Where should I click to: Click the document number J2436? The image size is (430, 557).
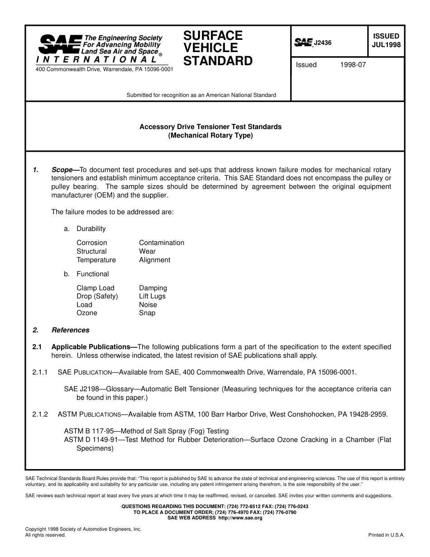pos(323,43)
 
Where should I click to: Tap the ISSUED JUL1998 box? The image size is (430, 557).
pos(386,40)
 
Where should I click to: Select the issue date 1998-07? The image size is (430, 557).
pos(353,65)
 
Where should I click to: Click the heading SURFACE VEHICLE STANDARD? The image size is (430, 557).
pos(218,48)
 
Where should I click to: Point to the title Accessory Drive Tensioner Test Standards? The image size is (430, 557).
pos(210,127)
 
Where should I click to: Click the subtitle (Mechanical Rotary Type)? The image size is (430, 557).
pos(210,135)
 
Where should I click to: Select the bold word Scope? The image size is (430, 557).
pos(62,170)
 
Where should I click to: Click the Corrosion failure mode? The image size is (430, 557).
pos(92,243)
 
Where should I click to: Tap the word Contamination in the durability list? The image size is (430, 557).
pos(162,243)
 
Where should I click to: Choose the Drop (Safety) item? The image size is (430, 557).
pos(97,296)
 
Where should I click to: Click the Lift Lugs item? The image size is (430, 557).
pos(152,296)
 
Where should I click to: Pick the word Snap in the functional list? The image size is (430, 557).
pos(147,313)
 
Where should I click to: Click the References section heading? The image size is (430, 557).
pos(70,330)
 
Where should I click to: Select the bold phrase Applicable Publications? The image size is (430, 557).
pos(94,347)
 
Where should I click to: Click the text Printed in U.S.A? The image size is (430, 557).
pos(386,535)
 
